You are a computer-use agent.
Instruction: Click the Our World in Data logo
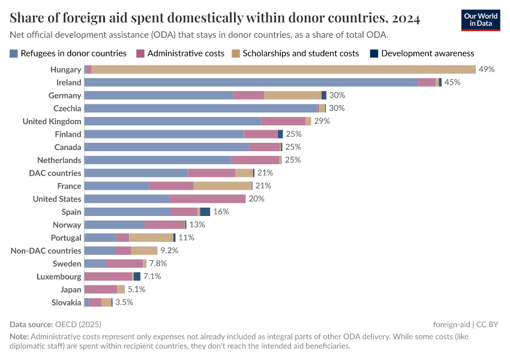coord(481,20)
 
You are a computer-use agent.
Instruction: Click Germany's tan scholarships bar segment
coord(293,95)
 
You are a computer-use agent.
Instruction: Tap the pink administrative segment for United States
coord(207,199)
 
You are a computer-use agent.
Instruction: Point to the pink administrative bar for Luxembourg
coord(108,277)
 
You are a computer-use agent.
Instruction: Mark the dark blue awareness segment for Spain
coord(205,212)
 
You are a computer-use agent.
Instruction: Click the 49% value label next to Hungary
coord(486,70)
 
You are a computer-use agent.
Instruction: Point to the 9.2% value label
coord(169,251)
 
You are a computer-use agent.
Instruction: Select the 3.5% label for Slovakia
coord(124,302)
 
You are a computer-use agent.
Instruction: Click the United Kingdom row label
coord(52,121)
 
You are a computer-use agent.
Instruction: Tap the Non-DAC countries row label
coord(46,251)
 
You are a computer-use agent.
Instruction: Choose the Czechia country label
coord(67,108)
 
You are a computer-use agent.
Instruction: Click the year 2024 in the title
coord(403,18)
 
